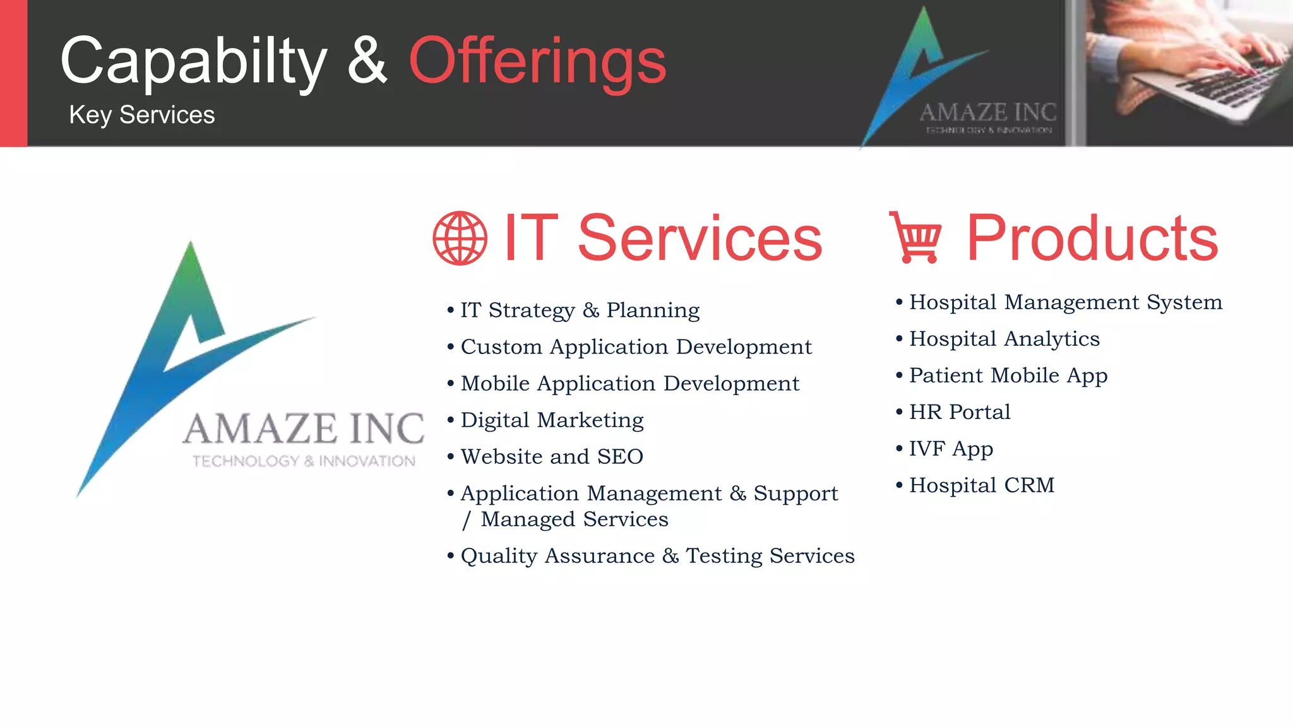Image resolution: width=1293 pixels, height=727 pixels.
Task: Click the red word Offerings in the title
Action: (x=537, y=61)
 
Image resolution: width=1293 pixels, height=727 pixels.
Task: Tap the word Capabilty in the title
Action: (x=193, y=61)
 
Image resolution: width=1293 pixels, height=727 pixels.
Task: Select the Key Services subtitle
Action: (x=142, y=115)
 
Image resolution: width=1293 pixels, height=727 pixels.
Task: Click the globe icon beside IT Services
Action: (x=460, y=238)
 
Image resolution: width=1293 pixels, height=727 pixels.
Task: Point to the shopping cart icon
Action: (x=915, y=237)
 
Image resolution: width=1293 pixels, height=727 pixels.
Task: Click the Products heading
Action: (x=1092, y=238)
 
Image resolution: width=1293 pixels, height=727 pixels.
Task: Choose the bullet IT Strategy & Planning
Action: (x=580, y=310)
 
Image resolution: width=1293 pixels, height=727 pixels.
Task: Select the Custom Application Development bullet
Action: (x=636, y=346)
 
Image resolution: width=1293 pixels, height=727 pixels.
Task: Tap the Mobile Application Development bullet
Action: (x=629, y=383)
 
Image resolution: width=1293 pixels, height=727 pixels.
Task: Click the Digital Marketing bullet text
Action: (x=552, y=420)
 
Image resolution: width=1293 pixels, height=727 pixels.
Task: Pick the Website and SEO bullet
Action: (x=552, y=456)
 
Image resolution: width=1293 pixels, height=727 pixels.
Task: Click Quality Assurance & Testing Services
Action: (x=657, y=555)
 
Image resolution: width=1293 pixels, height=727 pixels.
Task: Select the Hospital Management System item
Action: (x=1066, y=302)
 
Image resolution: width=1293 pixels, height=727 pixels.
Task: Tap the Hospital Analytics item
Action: (x=1004, y=338)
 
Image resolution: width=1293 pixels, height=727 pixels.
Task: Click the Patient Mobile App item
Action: (x=1008, y=375)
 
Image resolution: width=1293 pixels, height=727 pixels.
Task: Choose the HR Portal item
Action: (x=960, y=411)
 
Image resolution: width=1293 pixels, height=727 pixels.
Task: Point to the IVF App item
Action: (x=951, y=448)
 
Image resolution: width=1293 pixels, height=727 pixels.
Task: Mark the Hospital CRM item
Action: (x=982, y=485)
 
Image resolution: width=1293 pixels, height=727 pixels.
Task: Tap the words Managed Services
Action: (x=574, y=519)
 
